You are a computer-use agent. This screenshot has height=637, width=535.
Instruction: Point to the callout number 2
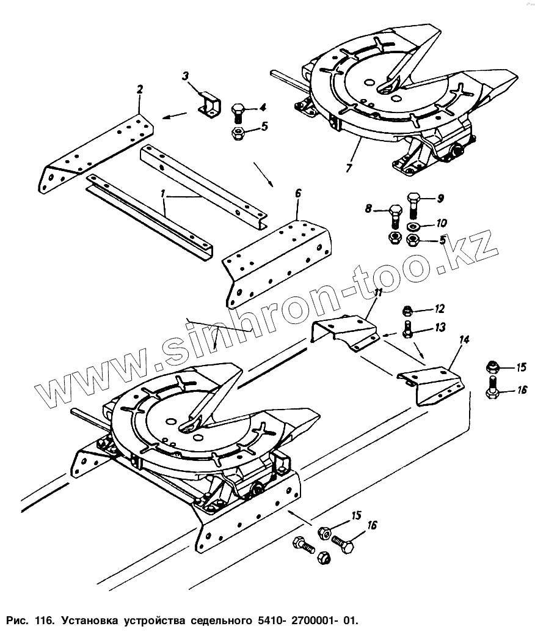coord(140,90)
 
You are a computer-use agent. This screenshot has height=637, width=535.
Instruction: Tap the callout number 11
coord(378,293)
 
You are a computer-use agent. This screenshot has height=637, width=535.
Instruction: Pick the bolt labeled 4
coord(239,113)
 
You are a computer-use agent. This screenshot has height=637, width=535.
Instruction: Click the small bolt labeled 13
coord(407,331)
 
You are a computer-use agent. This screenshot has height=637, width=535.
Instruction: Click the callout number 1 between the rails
coord(163,194)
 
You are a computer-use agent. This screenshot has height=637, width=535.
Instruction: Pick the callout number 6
coord(297,193)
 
